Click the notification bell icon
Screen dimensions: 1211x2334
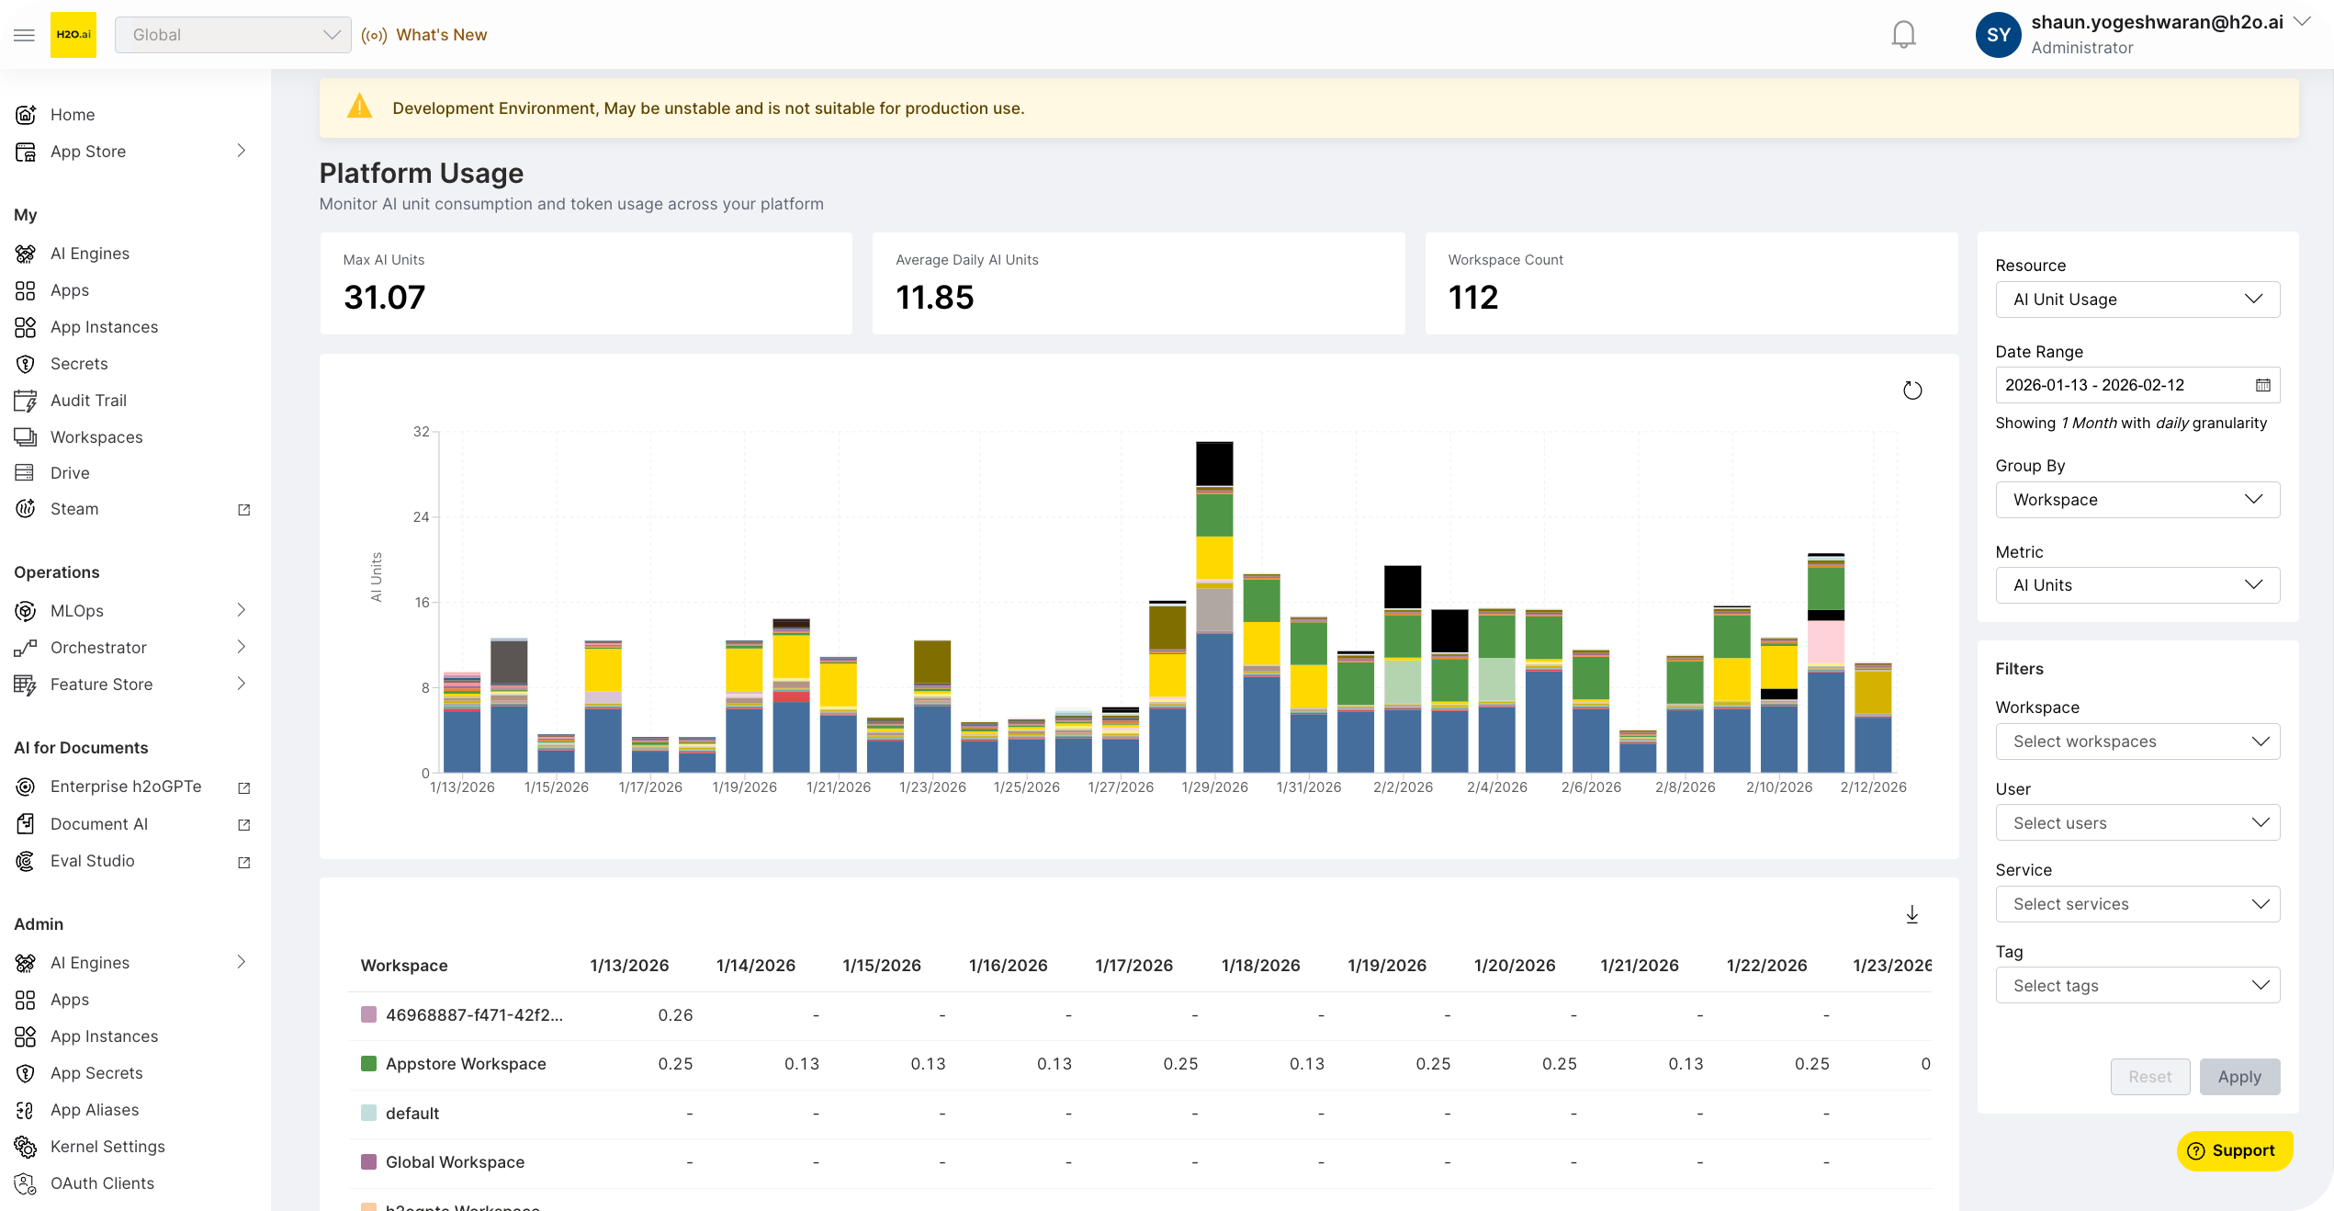(1903, 35)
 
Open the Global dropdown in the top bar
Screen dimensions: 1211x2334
(232, 35)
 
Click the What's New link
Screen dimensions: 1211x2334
(441, 35)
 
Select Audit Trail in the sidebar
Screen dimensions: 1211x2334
(88, 401)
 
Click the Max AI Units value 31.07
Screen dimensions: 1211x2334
(384, 298)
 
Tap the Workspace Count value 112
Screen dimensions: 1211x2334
(1472, 298)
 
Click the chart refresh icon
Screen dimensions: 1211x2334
(1911, 390)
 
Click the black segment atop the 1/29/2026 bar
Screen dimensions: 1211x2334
(1214, 464)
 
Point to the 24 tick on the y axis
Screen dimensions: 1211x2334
(421, 517)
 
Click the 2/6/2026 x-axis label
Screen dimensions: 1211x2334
(1591, 787)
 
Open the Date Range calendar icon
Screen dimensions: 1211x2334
(2262, 385)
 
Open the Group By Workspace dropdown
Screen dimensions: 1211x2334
(2137, 500)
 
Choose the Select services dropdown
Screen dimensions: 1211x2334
(2137, 904)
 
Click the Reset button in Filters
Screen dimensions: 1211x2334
(2149, 1077)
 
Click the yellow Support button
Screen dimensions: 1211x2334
(2234, 1150)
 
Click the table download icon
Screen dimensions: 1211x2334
(1911, 914)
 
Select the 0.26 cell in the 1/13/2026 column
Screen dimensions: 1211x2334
(675, 1015)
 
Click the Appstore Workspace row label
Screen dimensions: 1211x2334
(466, 1064)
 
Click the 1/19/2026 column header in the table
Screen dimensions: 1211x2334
(1386, 966)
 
